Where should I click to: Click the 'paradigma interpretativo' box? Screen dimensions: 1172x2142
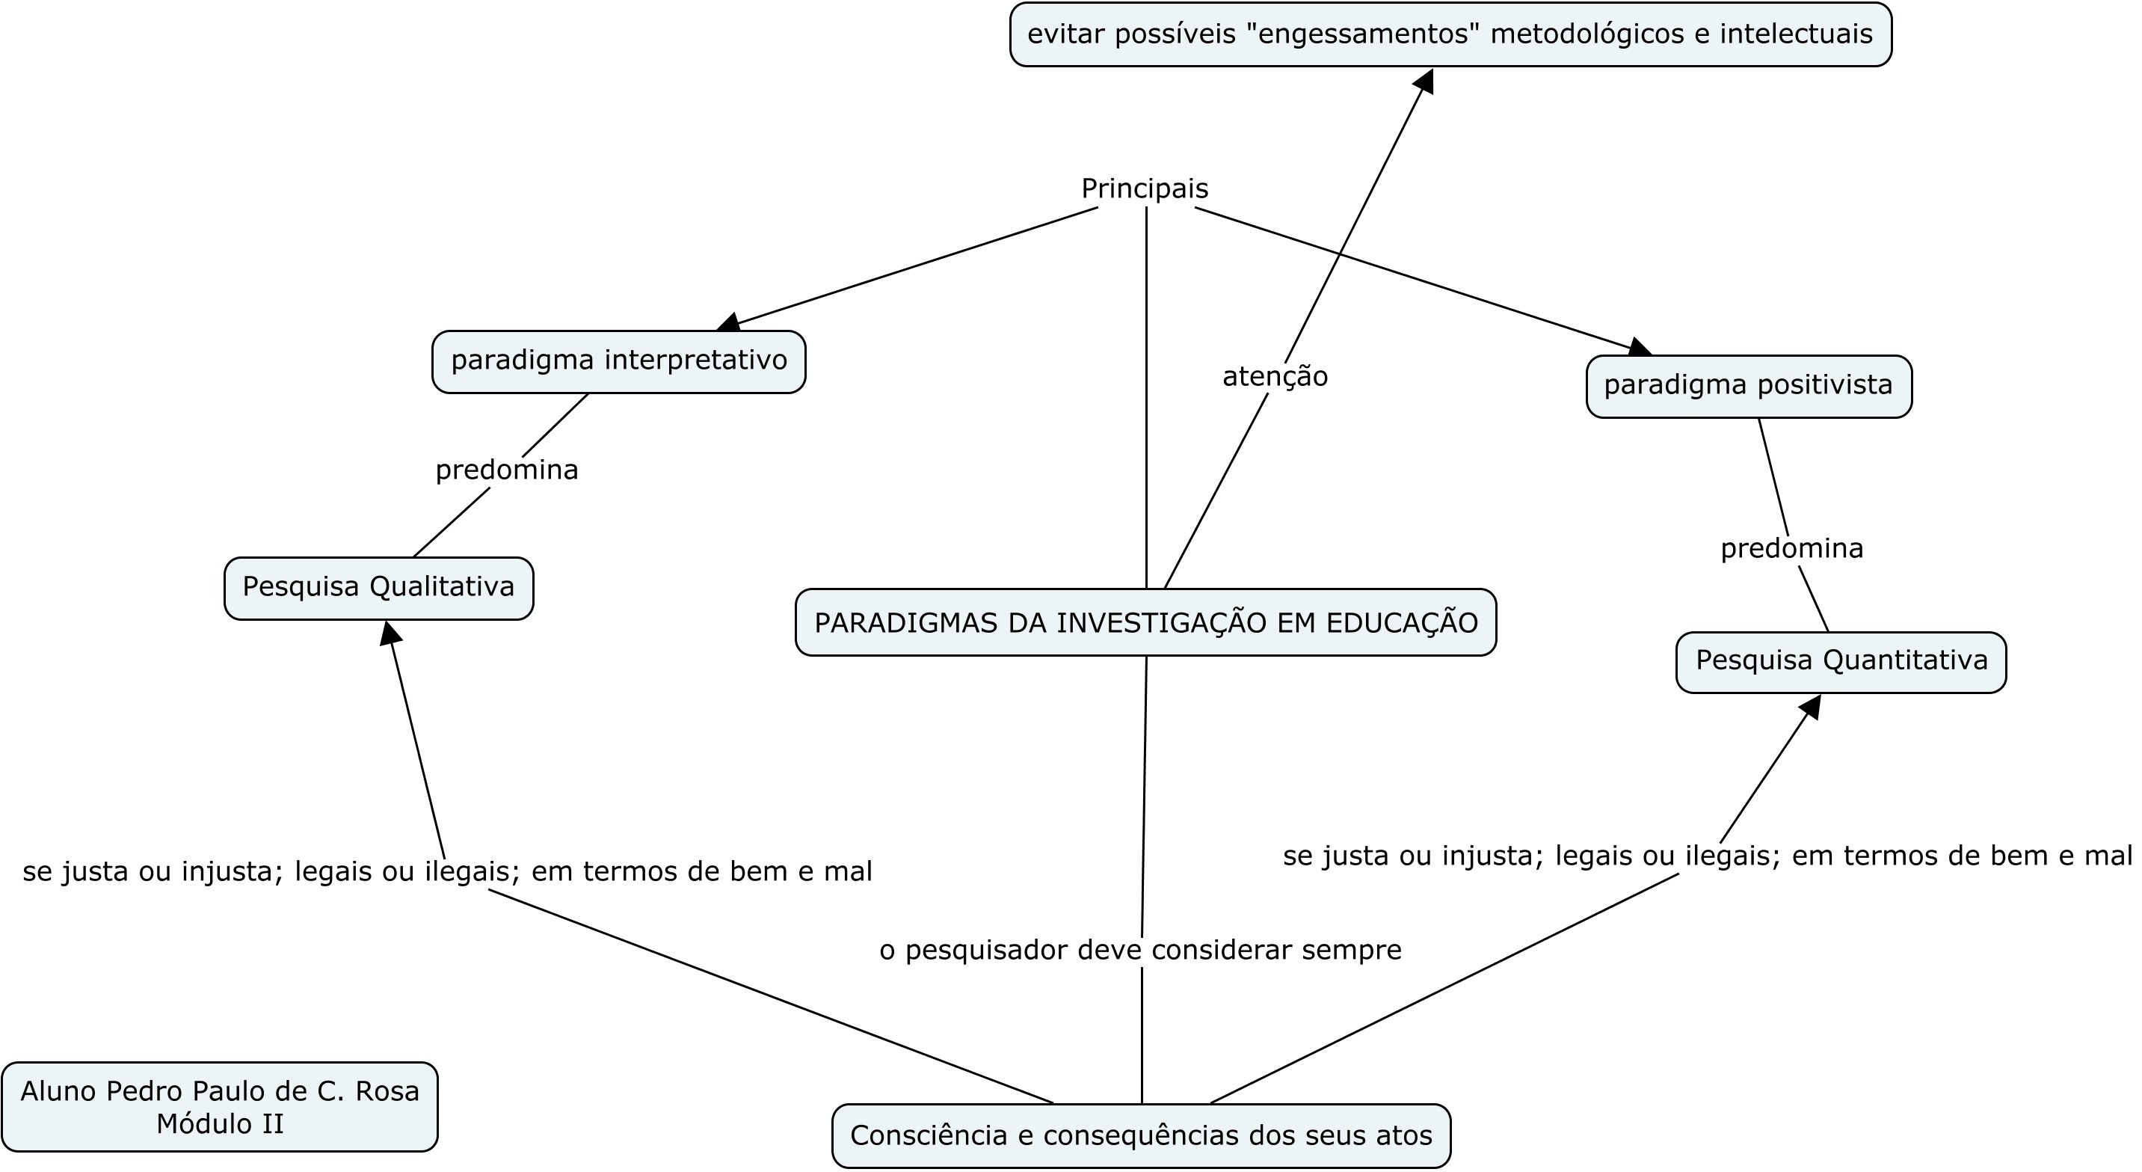(618, 362)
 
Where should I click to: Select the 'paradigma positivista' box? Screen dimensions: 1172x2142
(1749, 386)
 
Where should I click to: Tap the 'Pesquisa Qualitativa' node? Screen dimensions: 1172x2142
(378, 588)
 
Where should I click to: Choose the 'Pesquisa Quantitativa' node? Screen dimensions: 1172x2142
(1841, 662)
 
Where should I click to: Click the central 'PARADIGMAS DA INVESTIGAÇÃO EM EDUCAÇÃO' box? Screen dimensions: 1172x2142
(1146, 623)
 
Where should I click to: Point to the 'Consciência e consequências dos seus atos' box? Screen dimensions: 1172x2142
(1141, 1135)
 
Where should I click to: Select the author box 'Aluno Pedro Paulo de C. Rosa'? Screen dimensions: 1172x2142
(220, 1106)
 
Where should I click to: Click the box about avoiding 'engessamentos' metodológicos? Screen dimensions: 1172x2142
(1450, 35)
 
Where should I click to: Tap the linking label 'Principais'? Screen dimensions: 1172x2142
(1144, 188)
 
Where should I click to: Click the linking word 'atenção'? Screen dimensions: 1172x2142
(1275, 377)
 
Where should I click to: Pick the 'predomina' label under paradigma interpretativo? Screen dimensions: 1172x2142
(506, 470)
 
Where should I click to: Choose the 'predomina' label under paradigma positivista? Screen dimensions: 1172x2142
(1791, 549)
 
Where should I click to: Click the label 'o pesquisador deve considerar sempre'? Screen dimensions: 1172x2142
(1140, 950)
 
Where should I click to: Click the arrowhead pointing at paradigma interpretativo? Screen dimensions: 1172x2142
(728, 323)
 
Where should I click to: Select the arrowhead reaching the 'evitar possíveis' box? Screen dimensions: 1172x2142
(1424, 81)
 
